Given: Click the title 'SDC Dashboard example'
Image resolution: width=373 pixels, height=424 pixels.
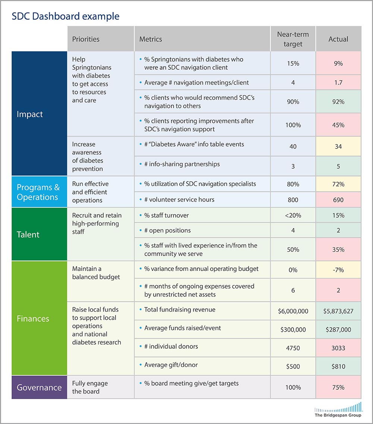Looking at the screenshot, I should click(66, 16).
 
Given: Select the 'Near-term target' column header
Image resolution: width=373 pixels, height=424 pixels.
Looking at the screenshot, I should click(293, 39).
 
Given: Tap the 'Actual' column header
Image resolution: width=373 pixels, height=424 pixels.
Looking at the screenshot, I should click(338, 39).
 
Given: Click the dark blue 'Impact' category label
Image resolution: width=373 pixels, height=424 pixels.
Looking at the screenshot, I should click(30, 114).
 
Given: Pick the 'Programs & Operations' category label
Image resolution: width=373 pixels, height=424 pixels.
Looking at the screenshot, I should click(38, 192).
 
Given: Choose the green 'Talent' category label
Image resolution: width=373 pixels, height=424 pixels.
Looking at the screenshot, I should click(28, 234).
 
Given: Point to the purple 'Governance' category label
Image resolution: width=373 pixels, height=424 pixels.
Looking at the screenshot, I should click(39, 387).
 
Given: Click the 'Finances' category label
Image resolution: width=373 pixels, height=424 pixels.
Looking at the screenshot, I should click(33, 319).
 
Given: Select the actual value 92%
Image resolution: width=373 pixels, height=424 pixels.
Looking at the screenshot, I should click(338, 102).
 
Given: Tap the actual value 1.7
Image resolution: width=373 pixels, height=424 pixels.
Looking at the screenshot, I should click(338, 83).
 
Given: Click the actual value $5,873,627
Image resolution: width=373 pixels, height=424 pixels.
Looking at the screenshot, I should click(338, 311).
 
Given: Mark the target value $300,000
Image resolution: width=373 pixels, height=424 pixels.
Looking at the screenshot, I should click(293, 330).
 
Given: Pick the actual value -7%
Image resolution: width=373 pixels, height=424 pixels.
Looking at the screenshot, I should click(338, 270).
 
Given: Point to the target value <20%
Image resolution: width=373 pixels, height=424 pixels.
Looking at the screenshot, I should click(293, 215).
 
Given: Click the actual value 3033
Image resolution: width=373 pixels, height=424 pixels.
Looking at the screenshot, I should click(338, 348).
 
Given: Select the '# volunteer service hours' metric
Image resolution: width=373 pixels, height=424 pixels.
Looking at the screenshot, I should click(179, 200).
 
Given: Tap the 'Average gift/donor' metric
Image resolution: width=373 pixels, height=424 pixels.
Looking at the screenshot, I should click(171, 365).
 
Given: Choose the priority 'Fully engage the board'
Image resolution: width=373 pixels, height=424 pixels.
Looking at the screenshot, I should click(90, 387).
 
